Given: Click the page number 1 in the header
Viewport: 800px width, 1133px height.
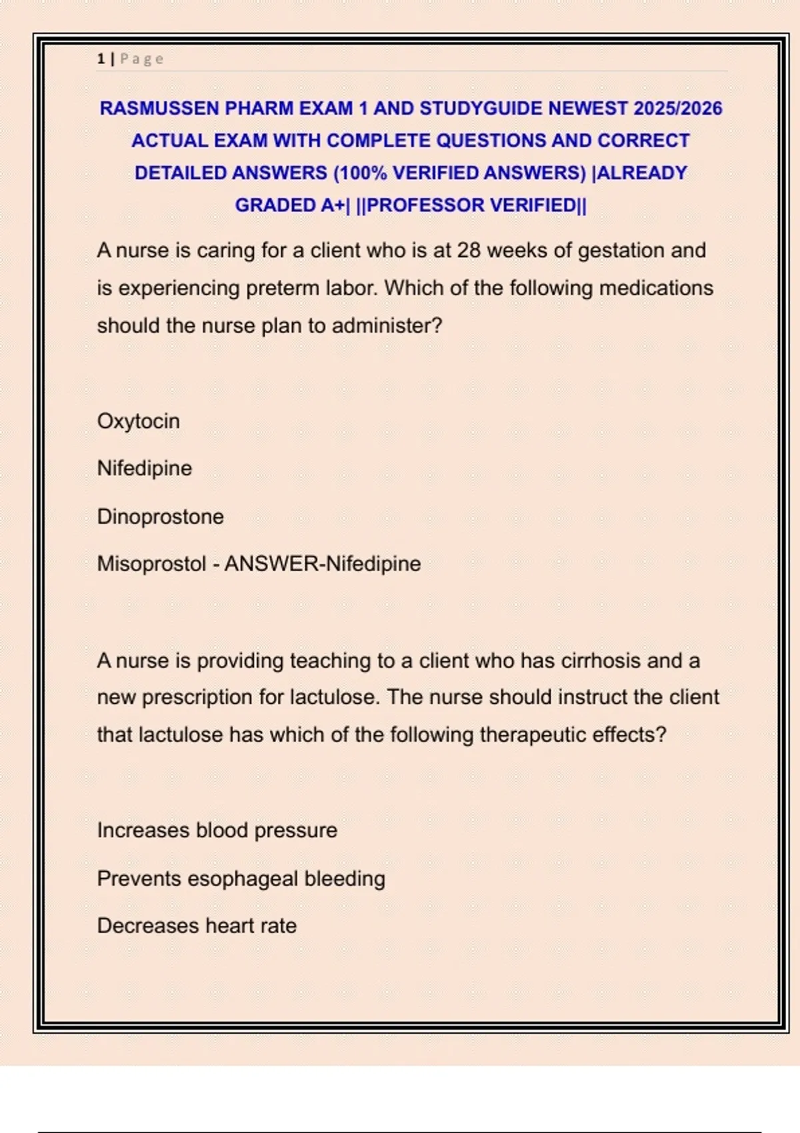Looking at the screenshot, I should pos(101,59).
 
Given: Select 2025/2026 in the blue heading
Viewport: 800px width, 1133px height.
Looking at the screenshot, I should pos(677,109).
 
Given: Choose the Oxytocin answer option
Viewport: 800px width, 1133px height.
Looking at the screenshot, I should pos(138,421).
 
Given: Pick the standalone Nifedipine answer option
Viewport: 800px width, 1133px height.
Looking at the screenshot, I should pos(144,469).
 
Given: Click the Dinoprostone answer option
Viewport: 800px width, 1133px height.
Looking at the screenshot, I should pos(160,517).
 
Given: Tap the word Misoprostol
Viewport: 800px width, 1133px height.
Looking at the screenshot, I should pos(151,564).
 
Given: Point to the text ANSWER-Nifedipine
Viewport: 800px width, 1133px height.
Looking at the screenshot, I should pos(323,564).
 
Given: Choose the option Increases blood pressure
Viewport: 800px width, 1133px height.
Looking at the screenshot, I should pos(217,830).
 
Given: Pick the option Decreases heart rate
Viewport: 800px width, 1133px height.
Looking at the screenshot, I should pos(197,926).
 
